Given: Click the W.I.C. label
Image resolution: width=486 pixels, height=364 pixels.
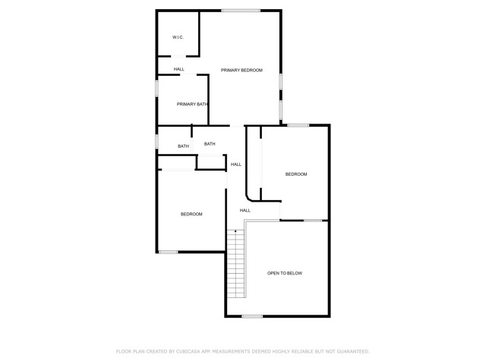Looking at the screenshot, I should pos(178,37).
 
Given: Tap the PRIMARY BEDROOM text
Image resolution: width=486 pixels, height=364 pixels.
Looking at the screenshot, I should pos(241,71).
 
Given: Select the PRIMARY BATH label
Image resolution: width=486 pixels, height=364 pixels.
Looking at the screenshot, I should pos(192,104).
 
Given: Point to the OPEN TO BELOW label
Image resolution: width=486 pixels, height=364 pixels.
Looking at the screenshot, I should pos(285,273).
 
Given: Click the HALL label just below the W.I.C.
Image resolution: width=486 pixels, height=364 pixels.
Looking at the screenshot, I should pos(178,69).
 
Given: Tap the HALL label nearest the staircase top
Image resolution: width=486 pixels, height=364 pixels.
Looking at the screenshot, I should pos(245,210).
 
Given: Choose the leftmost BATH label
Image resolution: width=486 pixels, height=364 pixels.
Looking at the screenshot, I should pos(183,146).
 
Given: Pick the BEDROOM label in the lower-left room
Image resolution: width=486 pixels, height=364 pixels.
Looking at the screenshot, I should pos(191,214).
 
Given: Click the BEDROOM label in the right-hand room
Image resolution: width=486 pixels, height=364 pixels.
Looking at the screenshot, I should pos(296,174).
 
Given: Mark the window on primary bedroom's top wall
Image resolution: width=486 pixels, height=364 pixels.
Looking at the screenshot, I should pos(241,10).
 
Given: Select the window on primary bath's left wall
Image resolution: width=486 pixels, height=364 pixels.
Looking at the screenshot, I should pos(156,88).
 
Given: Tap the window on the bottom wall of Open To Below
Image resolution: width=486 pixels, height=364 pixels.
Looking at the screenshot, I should pos(252,316).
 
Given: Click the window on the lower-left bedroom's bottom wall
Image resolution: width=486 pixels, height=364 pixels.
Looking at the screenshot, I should pos(168,252).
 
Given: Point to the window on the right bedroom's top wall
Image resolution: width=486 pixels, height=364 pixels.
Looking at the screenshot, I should pos(298,125).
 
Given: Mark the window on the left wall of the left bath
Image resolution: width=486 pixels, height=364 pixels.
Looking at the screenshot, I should pos(156,142).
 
